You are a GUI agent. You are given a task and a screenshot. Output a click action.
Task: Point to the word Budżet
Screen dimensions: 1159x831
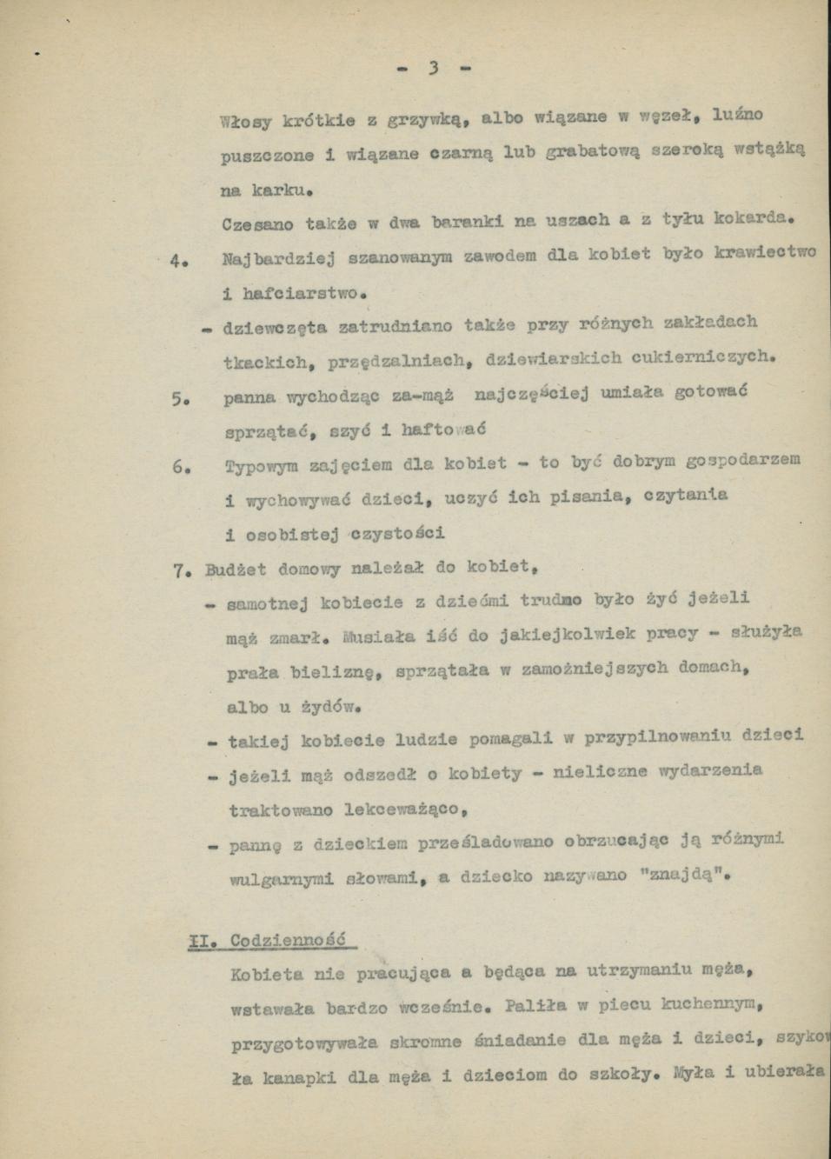click(x=235, y=570)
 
